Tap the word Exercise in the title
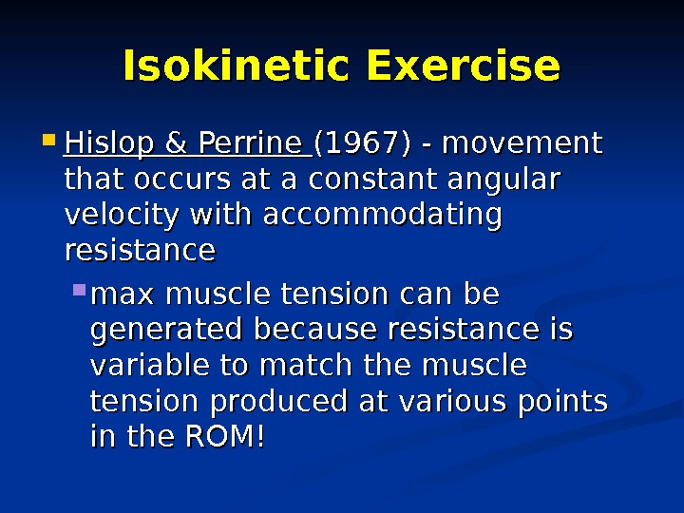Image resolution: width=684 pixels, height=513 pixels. coord(463,67)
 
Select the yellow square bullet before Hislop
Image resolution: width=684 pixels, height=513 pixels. coord(50,144)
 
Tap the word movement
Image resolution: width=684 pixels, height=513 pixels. coord(522,144)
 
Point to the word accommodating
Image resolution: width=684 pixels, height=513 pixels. coord(382,216)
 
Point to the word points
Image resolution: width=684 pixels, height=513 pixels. coord(563,402)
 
